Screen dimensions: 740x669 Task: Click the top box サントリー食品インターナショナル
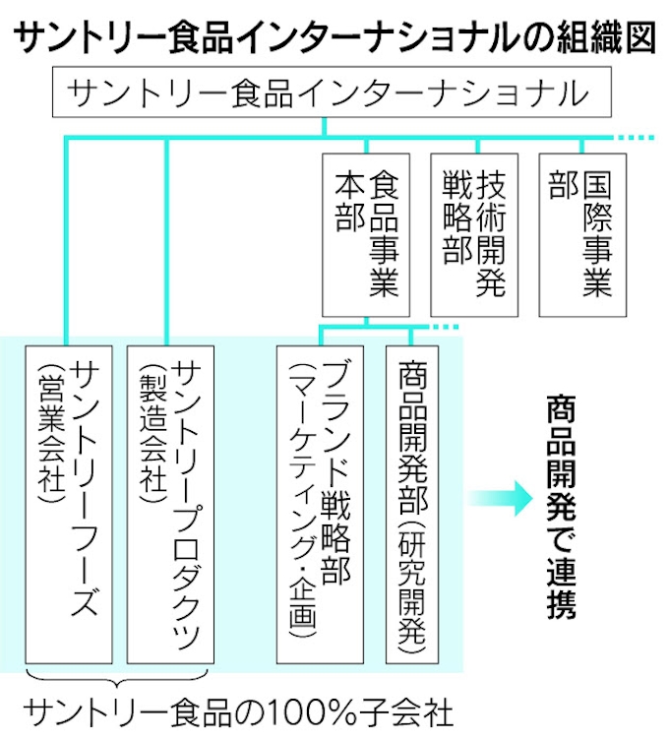coord(331,94)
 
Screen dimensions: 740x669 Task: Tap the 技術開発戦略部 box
coord(474,234)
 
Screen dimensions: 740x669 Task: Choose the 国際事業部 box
coord(582,234)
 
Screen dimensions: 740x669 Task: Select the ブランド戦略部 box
coord(321,502)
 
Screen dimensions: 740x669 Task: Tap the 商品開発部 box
coord(411,502)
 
